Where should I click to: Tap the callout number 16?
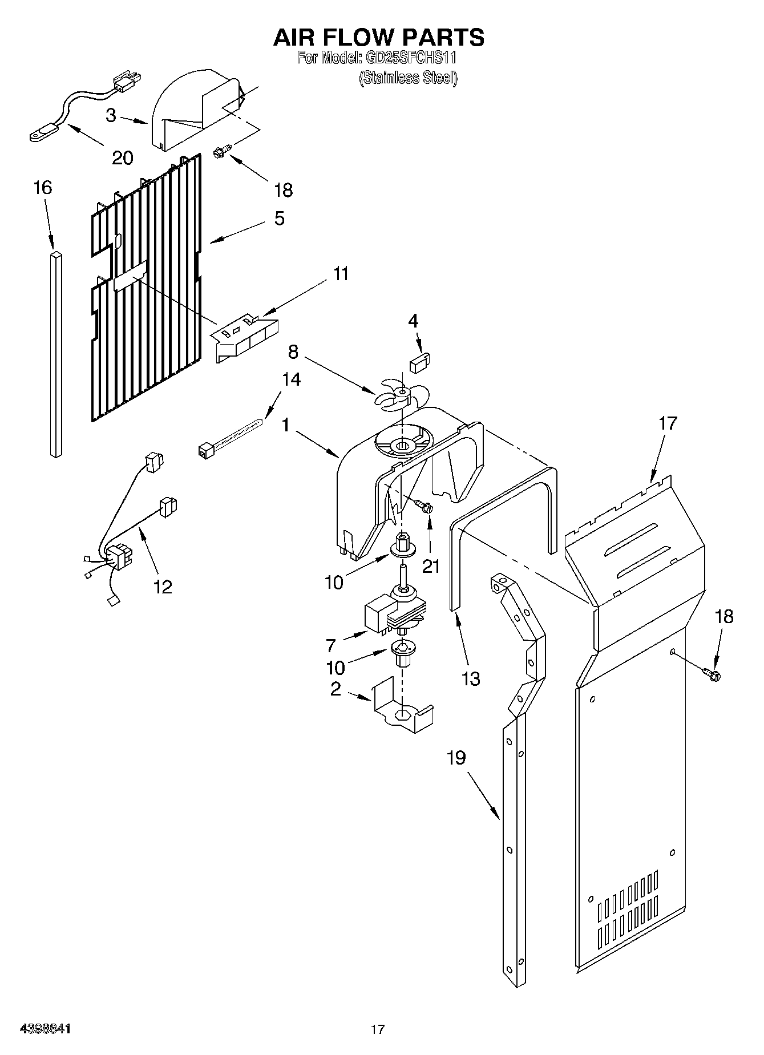[42, 188]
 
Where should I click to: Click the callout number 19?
[456, 758]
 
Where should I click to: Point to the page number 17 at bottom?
[377, 1029]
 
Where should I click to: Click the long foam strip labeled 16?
[55, 354]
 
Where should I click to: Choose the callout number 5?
[279, 219]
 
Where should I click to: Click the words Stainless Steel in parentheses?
[408, 78]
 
